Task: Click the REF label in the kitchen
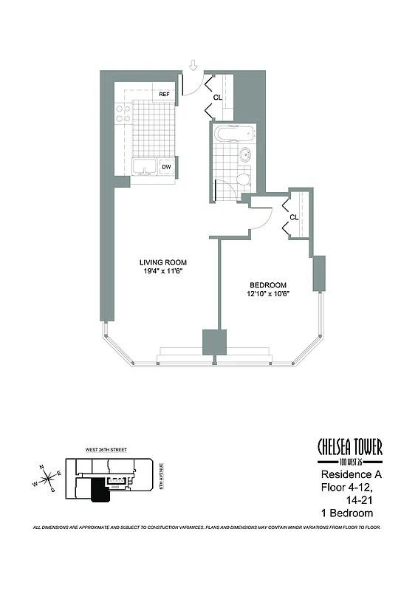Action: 164,95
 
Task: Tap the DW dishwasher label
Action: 167,168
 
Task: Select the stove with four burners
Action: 123,113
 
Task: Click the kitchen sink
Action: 144,168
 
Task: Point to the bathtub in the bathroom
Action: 234,134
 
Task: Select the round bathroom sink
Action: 245,155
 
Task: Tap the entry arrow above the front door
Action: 193,66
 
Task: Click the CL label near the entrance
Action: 218,97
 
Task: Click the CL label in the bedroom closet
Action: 293,217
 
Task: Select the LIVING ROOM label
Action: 163,262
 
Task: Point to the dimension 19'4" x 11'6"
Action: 163,272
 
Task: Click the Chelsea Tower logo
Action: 349,449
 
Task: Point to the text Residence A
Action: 347,474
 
